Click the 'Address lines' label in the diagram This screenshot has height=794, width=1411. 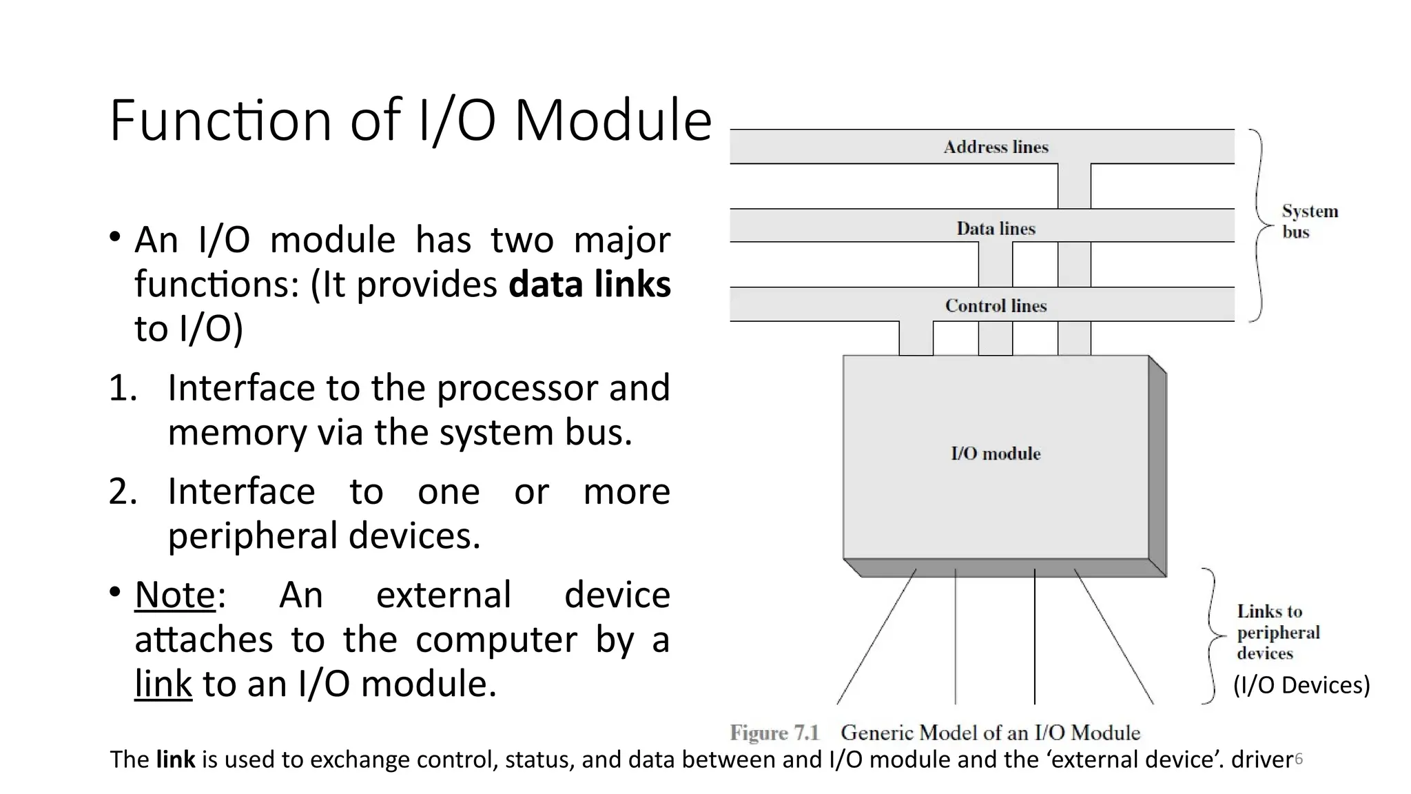point(996,147)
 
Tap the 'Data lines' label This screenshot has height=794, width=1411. point(996,228)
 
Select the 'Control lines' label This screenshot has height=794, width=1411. point(996,305)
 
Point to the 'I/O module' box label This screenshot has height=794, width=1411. point(996,454)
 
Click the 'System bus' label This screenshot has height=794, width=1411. point(1309,221)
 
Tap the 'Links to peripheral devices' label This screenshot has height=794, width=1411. point(1277,632)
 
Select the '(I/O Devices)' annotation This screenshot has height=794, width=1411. point(1301,685)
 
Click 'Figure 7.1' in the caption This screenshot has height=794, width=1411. point(774,733)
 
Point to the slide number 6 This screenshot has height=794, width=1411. point(1299,760)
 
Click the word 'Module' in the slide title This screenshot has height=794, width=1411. point(612,121)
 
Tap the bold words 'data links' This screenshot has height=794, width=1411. point(590,284)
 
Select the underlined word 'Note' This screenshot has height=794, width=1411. point(175,595)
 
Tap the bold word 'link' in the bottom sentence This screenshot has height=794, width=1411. point(176,760)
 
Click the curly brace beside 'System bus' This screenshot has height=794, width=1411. point(1259,225)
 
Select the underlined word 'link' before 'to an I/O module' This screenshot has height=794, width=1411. point(163,684)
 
